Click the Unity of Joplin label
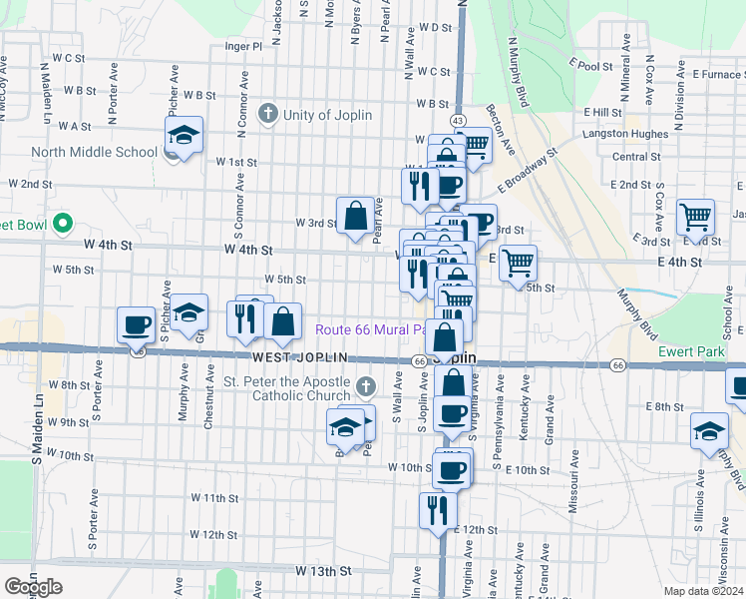point(327,115)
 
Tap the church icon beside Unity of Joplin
point(267,114)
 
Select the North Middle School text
point(94,153)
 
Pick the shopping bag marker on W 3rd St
point(355,216)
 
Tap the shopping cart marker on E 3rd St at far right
point(695,217)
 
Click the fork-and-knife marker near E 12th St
point(437,510)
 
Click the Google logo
point(33,587)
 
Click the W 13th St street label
point(324,571)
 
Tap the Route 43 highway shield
point(457,120)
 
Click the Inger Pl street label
point(243,46)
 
